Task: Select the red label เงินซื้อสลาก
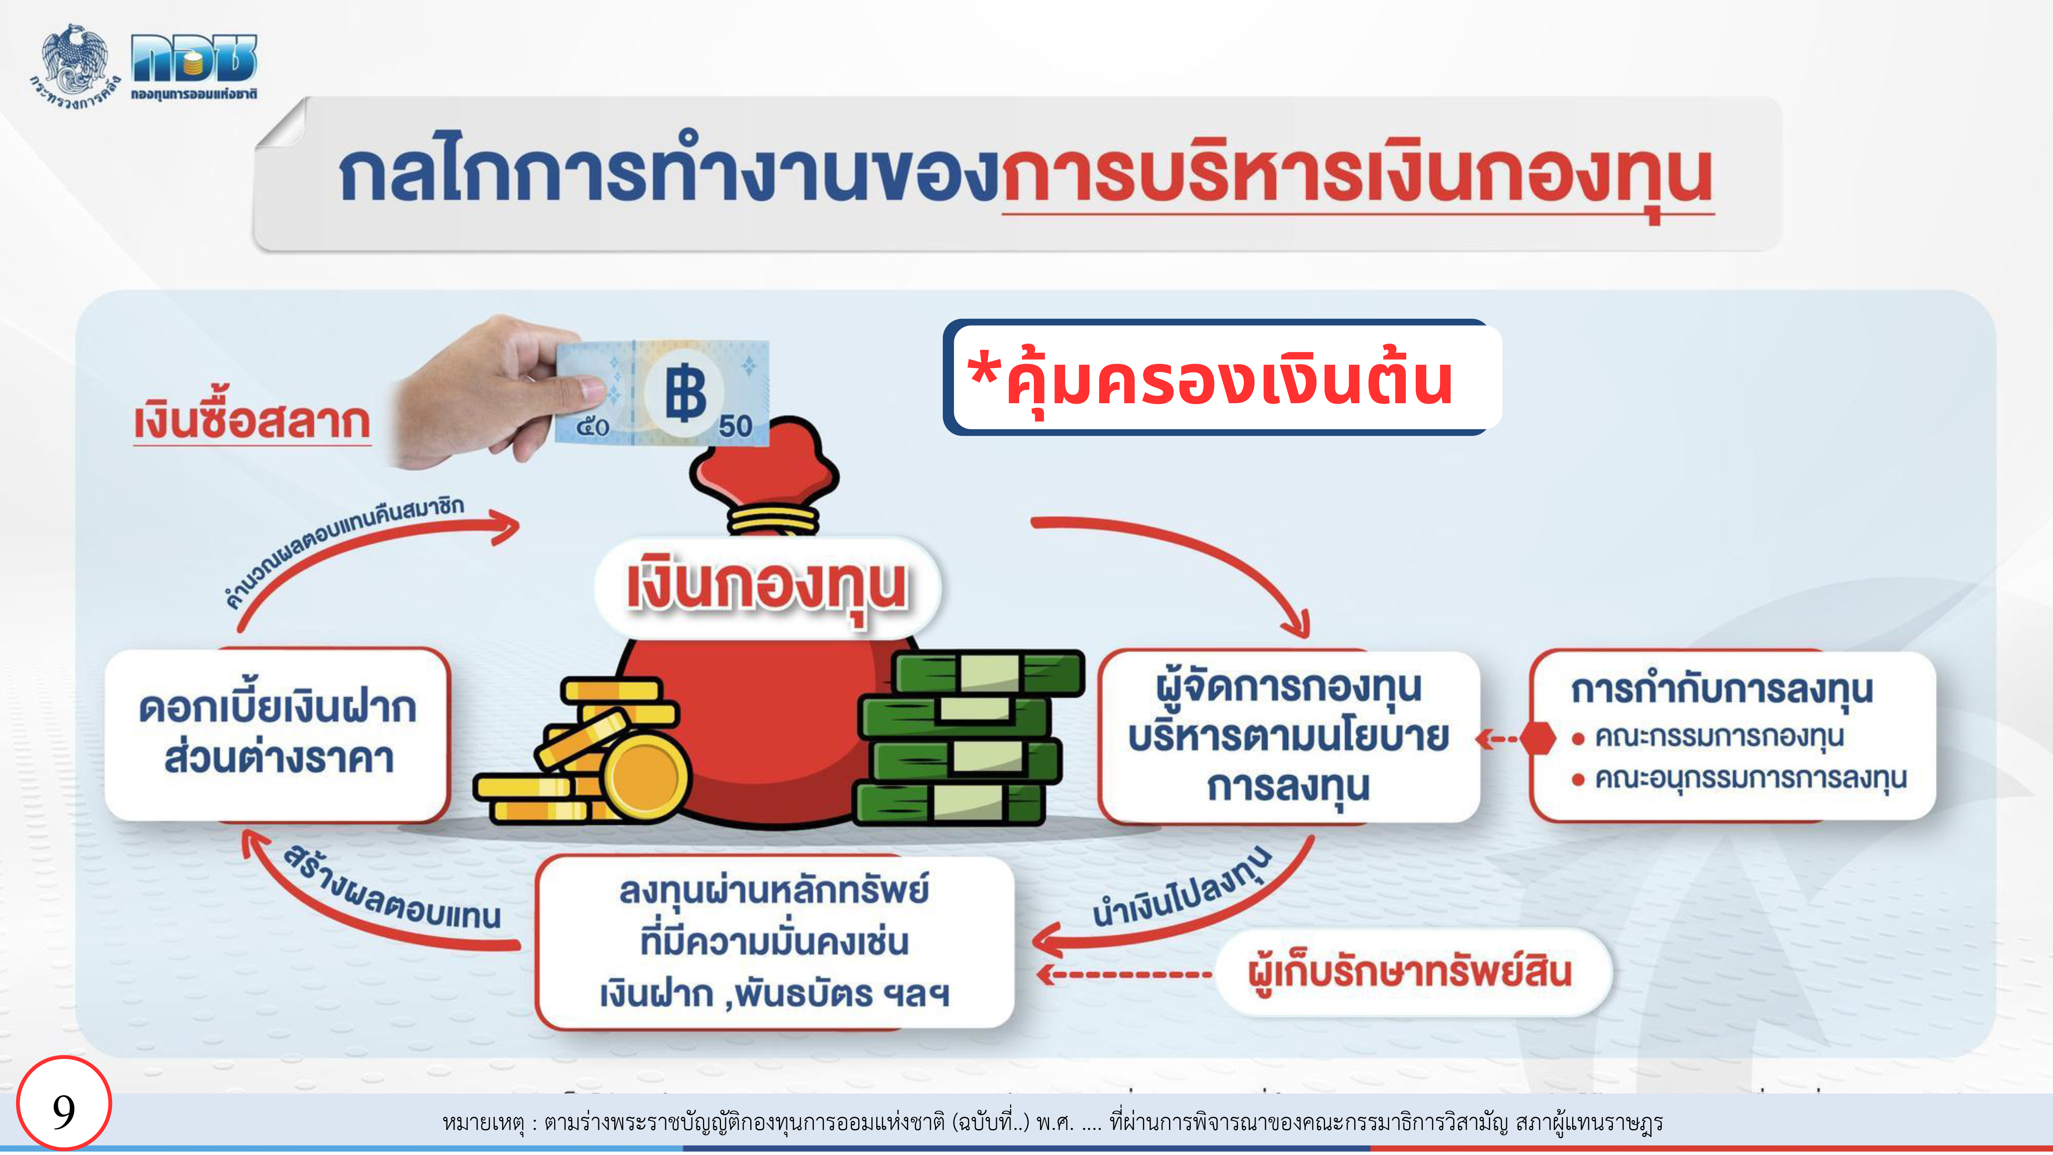coord(252,423)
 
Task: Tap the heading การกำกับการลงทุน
coord(1722,690)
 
